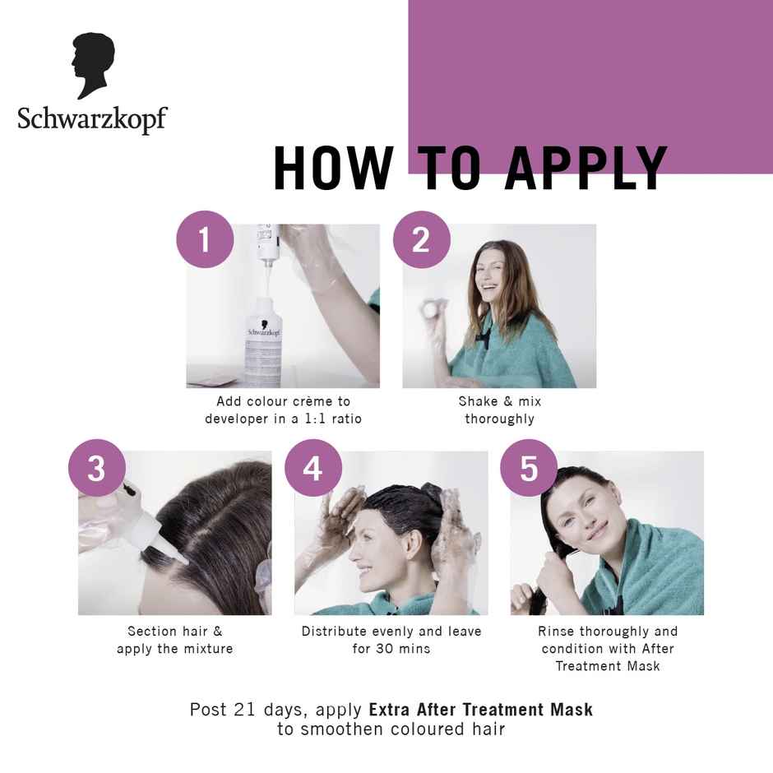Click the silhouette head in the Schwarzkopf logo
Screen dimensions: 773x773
click(93, 65)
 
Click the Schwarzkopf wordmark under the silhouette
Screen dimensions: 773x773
click(92, 118)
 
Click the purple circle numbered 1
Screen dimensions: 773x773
click(205, 240)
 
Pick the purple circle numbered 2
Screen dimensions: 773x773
click(421, 240)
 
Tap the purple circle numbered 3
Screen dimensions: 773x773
click(96, 469)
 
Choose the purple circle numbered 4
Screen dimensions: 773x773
click(312, 469)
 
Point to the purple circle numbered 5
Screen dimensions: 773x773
click(529, 469)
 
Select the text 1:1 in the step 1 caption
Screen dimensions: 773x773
click(310, 419)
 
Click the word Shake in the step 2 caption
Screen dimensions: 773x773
click(477, 401)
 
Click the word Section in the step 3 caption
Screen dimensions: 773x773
click(151, 632)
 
